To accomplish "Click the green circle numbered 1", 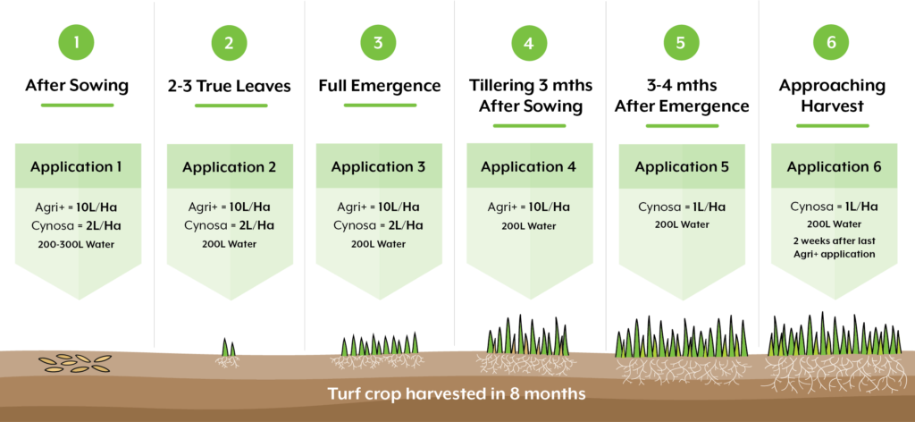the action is pos(77,43).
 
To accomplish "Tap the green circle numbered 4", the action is pos(529,43).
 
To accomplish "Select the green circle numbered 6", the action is pos(832,43).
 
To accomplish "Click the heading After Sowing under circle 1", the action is pos(77,87).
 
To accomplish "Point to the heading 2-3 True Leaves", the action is pos(230,88).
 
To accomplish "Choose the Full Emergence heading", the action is pos(379,87).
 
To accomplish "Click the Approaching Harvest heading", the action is pos(832,97).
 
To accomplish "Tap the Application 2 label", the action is pos(230,167).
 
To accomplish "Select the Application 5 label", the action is pos(682,167).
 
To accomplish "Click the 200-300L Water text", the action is pos(78,245).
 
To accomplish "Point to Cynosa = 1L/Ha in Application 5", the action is pos(681,207).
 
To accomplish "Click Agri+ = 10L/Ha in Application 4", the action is pos(529,207).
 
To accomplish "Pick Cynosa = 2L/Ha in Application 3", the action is pos(379,225).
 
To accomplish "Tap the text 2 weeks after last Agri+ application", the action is pos(833,248).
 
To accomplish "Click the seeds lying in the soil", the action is pos(75,364).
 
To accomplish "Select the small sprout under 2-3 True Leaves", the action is pos(228,354).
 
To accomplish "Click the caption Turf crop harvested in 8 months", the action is pos(457,394).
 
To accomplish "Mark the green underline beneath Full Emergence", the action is pos(380,105).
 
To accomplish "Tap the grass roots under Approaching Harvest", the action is pos(835,374).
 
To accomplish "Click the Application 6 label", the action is pos(834,167).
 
